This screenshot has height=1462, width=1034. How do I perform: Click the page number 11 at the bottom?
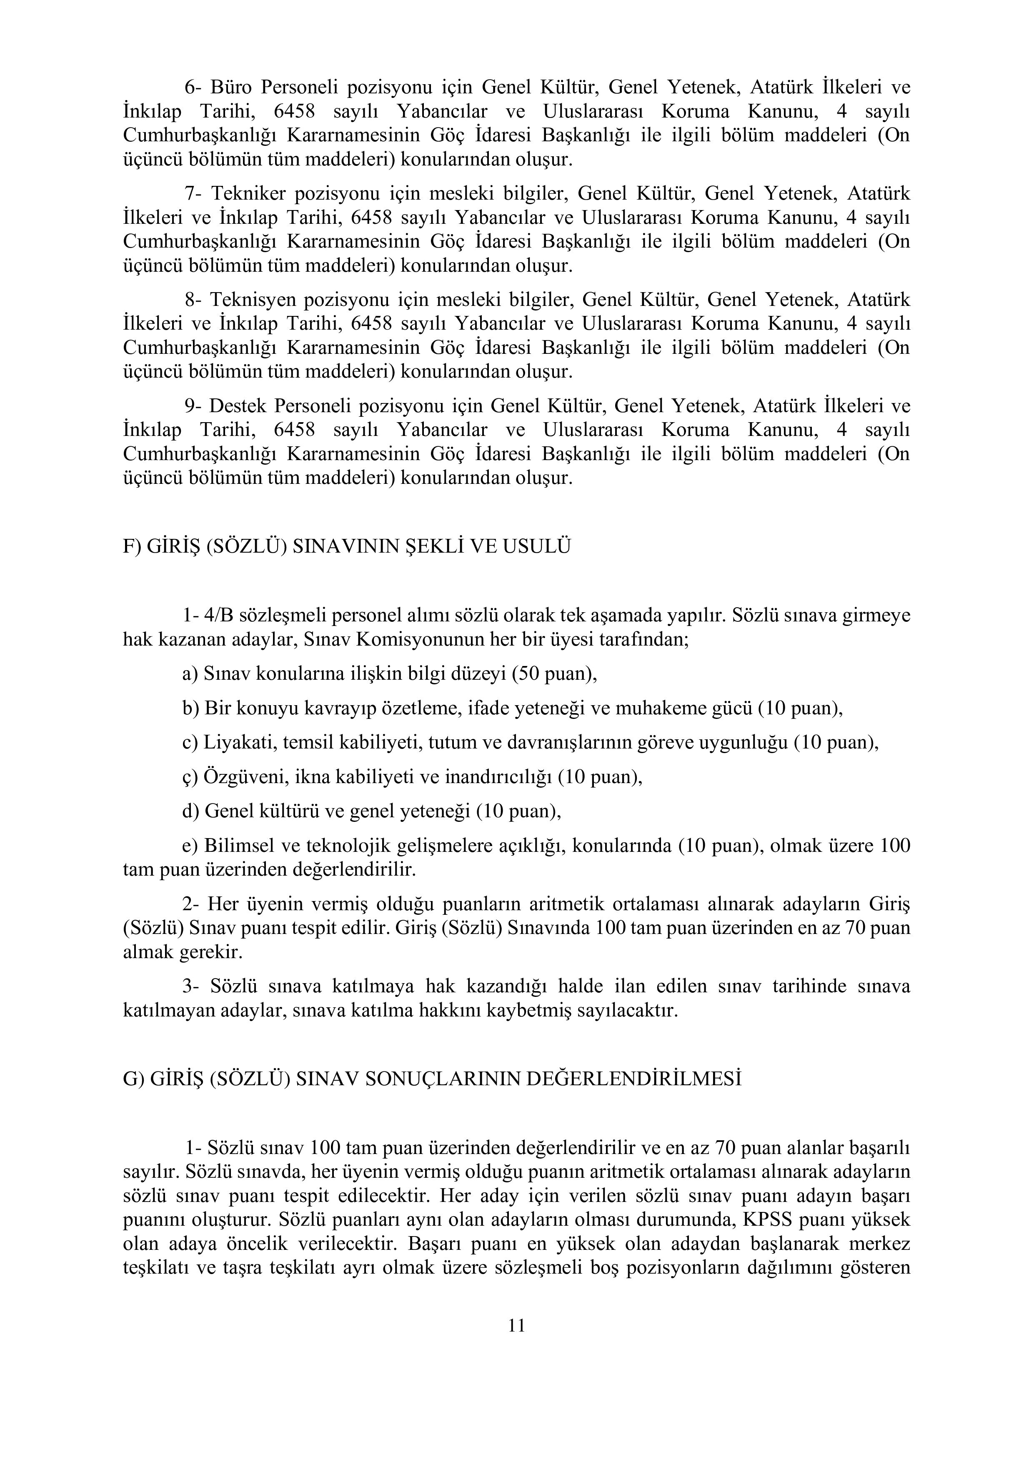[516, 1326]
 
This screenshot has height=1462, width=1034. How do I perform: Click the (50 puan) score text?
[554, 673]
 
